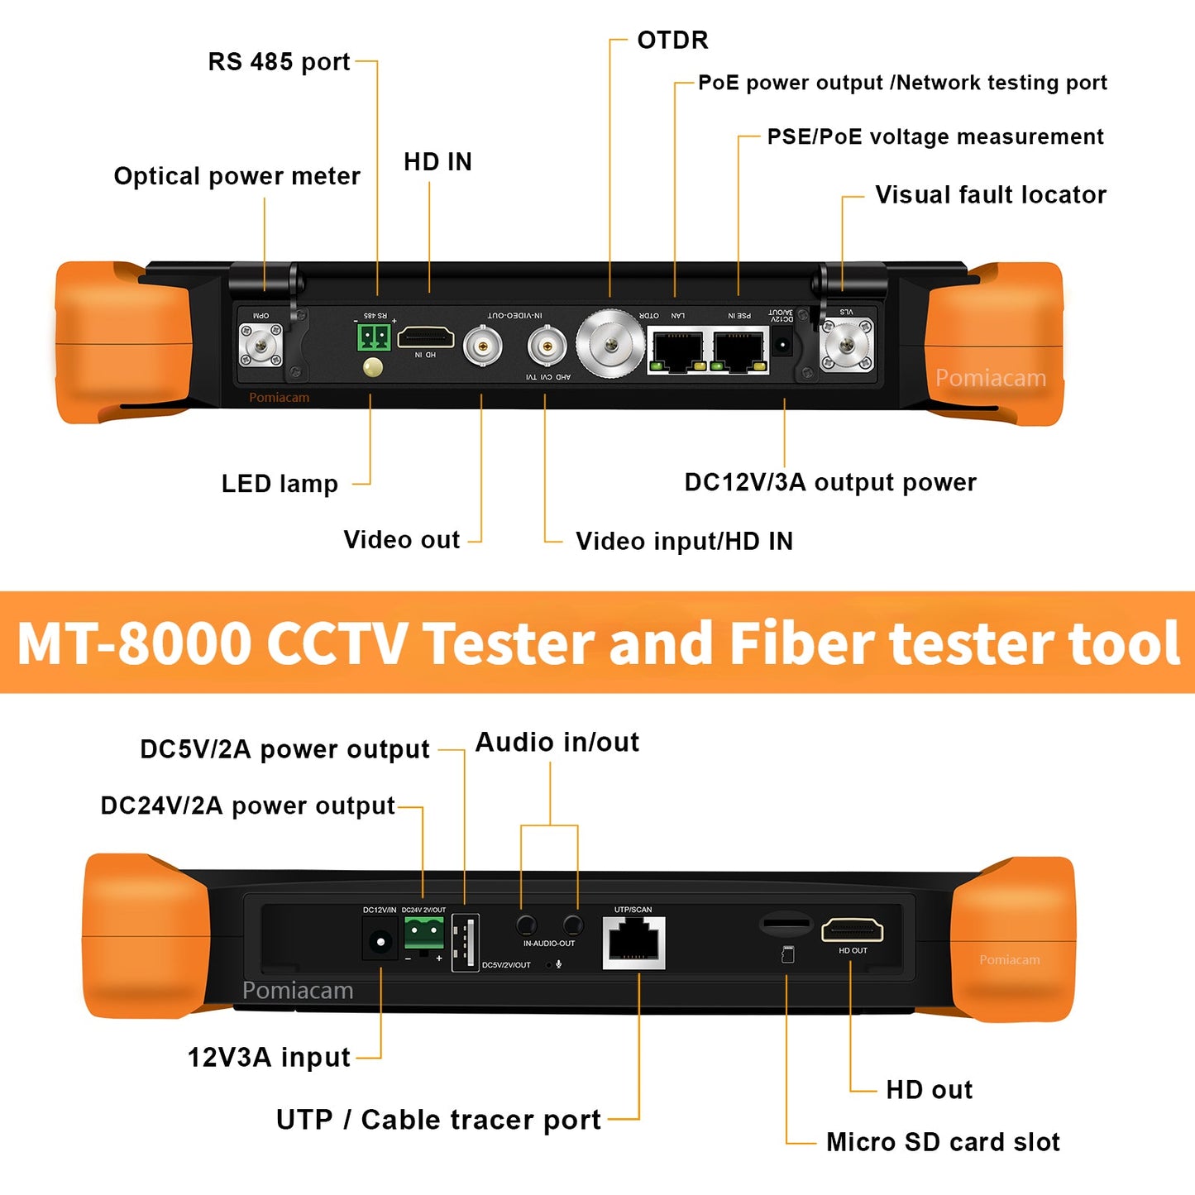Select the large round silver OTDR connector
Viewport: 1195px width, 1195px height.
[x=610, y=344]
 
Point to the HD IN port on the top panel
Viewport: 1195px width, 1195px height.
[x=425, y=337]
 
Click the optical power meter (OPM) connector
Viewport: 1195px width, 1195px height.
[x=261, y=345]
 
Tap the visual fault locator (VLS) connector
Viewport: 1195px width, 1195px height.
[x=846, y=343]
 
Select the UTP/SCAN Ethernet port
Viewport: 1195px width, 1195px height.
[x=633, y=943]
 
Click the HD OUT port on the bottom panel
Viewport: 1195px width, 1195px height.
[x=852, y=931]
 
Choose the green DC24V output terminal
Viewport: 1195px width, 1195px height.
[x=423, y=934]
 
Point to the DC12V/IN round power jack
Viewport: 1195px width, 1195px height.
[x=380, y=941]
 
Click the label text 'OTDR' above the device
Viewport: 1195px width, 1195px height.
[x=672, y=40]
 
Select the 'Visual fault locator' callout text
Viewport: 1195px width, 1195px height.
[x=990, y=195]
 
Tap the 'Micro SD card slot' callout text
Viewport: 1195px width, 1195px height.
[x=943, y=1142]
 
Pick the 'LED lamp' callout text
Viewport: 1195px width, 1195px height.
[x=280, y=484]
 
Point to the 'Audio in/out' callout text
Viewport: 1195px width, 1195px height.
[x=557, y=743]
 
